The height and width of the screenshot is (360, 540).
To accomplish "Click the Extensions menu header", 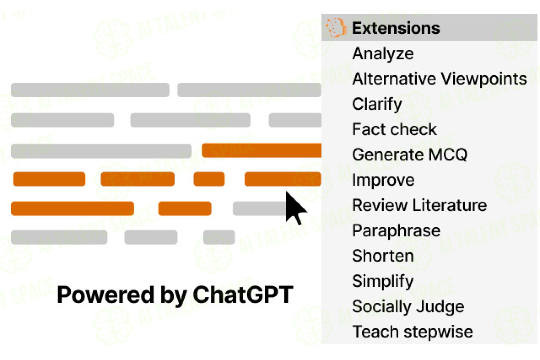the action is tap(396, 28).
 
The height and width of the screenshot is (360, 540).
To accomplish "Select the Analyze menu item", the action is tap(383, 54).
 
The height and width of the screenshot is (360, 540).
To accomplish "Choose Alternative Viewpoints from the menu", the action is tap(439, 79).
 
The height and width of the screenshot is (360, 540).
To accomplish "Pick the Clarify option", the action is tap(377, 104).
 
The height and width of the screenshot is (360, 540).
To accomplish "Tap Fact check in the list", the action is tap(395, 130).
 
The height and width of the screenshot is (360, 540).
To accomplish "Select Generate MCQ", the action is tap(410, 155).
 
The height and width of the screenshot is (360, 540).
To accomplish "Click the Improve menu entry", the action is tap(383, 180).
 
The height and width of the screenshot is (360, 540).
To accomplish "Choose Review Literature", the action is tap(419, 206).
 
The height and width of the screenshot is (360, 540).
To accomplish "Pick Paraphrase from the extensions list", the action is tap(396, 231).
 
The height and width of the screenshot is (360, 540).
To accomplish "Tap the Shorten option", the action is tap(383, 256).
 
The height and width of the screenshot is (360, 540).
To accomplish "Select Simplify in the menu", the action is tap(383, 282).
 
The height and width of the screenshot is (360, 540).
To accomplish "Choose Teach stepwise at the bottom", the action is tap(413, 332).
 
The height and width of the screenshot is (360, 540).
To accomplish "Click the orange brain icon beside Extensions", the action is tap(336, 28).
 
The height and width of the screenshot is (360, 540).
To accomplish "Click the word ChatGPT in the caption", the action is tap(243, 294).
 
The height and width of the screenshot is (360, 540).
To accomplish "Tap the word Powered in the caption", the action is tap(105, 294).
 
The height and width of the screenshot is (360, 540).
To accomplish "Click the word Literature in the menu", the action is tap(450, 206).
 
